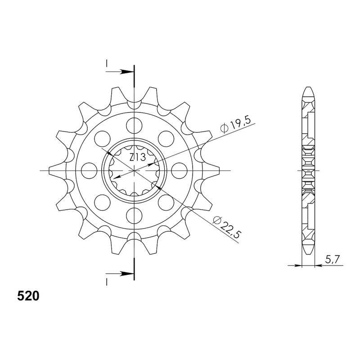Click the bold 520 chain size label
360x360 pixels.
coord(28,296)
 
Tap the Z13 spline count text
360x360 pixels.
coord(137,157)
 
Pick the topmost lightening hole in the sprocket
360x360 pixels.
coord(134,126)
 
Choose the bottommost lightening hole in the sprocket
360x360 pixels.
coord(134,216)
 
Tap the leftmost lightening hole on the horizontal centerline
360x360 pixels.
coord(89,171)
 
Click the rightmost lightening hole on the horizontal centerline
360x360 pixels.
coord(179,171)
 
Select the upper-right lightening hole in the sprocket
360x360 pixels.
coord(166,139)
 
